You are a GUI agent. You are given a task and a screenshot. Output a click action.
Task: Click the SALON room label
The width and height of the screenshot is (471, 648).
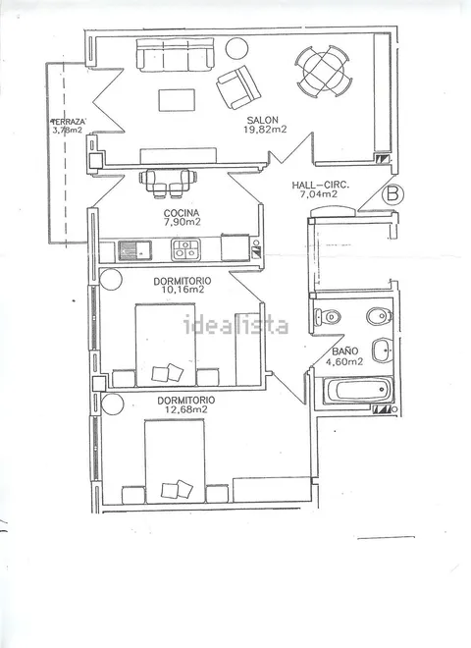262,120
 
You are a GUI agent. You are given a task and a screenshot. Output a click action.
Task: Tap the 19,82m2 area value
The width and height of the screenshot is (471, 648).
265,130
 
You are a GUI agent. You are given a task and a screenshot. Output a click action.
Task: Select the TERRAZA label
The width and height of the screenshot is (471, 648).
68,122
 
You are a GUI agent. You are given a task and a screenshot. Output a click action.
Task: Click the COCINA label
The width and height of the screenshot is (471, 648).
182,213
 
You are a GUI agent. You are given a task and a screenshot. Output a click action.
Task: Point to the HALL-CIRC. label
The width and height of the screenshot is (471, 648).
320,186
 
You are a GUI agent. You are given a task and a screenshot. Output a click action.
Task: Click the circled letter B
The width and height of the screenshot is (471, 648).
392,194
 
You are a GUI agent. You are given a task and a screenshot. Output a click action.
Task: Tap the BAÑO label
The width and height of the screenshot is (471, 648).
345,351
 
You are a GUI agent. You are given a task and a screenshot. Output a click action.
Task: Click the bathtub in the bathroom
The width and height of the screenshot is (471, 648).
357,390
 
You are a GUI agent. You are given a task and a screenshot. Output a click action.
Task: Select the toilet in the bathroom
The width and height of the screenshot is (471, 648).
328,317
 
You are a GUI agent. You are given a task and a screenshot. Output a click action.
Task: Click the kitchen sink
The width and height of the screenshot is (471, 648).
135,250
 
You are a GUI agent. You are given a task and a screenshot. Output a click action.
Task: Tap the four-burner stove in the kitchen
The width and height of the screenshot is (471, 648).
185,249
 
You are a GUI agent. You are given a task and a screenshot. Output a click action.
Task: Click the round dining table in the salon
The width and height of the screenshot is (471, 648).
324,72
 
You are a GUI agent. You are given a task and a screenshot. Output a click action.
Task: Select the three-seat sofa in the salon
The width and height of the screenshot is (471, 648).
176,55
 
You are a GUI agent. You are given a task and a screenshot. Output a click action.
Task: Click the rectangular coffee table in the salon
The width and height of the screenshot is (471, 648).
177,100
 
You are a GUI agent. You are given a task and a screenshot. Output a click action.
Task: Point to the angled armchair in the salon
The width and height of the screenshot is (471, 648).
238,87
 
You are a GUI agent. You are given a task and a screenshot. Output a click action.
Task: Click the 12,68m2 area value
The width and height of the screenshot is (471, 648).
185,409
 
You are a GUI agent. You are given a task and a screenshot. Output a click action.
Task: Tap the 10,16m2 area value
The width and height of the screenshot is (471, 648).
183,290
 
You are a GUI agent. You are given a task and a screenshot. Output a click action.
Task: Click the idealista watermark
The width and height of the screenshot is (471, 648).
235,325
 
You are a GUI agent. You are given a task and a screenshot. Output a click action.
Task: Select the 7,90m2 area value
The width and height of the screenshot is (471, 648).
182,222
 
